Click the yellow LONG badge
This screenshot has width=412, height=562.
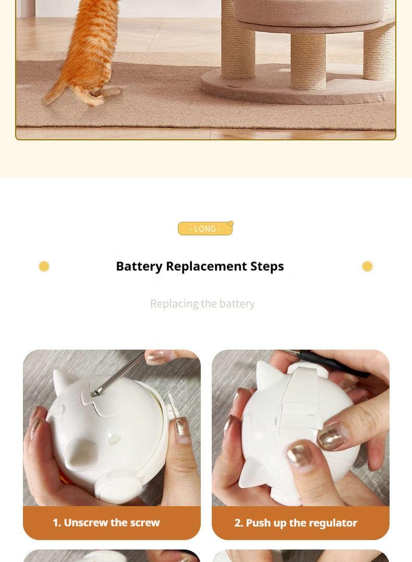[204, 229]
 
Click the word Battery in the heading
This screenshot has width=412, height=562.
[139, 266]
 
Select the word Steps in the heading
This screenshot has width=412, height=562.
[267, 266]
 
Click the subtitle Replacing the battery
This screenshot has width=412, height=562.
[202, 304]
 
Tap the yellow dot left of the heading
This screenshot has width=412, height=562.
[44, 267]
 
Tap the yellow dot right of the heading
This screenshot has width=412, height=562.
[367, 267]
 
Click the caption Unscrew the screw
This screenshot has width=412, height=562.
[106, 522]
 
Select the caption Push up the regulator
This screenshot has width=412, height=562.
[296, 523]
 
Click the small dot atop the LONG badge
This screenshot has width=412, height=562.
[231, 223]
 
